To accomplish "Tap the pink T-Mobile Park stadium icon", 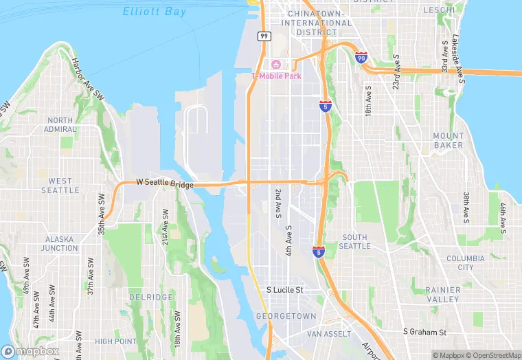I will (276, 65).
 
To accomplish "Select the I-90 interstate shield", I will (361, 58).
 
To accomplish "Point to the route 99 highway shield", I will (264, 36).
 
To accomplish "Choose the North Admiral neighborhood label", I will (60, 124).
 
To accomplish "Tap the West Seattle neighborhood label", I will (60, 185).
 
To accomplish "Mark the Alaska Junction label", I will (61, 244).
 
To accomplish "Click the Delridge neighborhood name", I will (150, 297).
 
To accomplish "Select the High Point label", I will (115, 341).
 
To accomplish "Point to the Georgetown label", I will (286, 316).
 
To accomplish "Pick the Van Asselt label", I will (328, 333).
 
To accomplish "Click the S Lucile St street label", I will (285, 290).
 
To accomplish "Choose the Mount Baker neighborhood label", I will (448, 141).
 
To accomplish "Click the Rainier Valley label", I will (442, 295).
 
